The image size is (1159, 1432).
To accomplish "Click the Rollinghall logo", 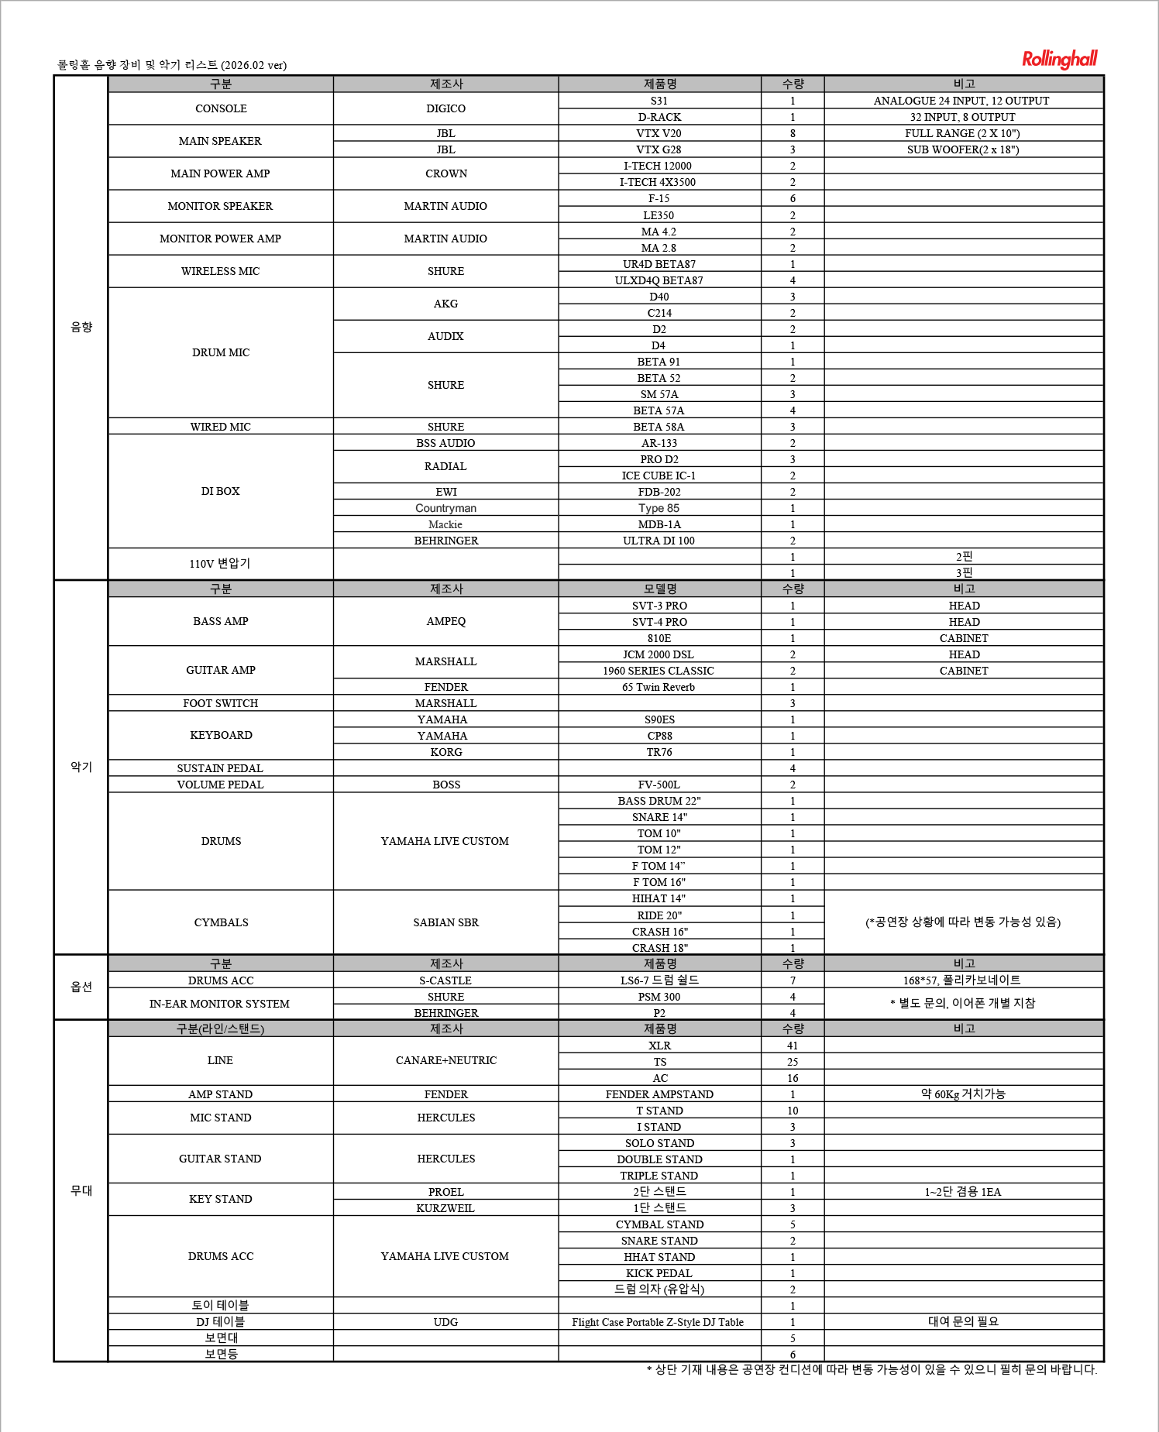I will tap(1059, 59).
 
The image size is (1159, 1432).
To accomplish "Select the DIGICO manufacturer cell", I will tap(445, 108).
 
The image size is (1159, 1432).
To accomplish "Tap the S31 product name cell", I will tap(659, 101).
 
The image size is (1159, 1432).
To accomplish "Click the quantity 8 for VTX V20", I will tap(792, 133).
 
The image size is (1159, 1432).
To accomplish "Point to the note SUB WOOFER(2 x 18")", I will tap(963, 149).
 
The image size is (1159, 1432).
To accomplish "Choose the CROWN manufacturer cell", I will tap(445, 173).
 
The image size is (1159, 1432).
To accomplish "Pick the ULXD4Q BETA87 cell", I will tap(659, 280).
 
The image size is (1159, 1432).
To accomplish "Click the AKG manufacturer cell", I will tap(445, 304).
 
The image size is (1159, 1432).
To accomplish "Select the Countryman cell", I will tap(445, 508).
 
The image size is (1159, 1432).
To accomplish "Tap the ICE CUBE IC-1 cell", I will tap(659, 476).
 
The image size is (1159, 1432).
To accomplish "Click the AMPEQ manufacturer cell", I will tap(445, 621).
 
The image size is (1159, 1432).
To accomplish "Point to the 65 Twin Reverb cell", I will tap(659, 687).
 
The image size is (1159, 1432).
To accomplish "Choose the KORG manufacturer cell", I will tap(445, 752).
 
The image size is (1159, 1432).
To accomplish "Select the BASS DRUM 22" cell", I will tap(659, 801).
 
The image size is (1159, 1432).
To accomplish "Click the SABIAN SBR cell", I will tap(445, 922).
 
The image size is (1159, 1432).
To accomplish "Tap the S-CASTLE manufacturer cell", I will tap(445, 980).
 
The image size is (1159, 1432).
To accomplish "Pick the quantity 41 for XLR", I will tap(792, 1046).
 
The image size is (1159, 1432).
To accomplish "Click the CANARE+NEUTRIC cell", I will tap(445, 1060).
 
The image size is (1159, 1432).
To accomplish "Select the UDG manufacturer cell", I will tap(445, 1322).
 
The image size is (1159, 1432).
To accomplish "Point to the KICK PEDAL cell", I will tap(659, 1273).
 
